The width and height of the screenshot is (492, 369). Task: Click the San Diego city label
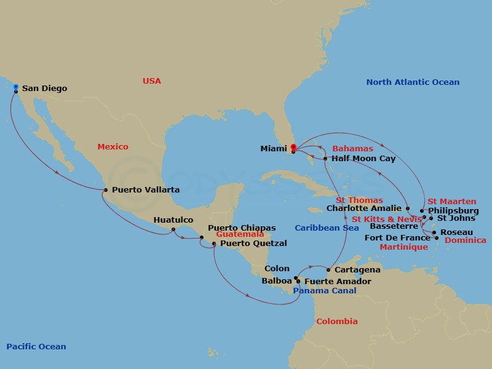point(44,89)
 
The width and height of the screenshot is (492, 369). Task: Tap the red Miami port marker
point(293,148)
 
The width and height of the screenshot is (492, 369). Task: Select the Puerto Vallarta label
point(146,190)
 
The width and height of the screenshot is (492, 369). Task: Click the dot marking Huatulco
point(174,230)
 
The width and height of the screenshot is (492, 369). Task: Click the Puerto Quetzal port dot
point(214,244)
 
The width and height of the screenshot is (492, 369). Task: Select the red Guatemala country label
point(240,235)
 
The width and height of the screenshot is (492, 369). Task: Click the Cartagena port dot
point(328,270)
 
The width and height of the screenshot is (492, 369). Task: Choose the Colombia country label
point(336,322)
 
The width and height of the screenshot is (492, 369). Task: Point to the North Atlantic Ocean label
point(413,82)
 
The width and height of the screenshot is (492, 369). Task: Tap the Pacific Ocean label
point(36,347)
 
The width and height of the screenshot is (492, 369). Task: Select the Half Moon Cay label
point(363,159)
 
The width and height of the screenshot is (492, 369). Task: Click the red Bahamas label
point(352,149)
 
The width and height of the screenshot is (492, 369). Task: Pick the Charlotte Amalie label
point(364,208)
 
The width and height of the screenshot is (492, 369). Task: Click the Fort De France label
point(398,238)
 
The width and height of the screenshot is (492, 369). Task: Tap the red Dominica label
point(464,240)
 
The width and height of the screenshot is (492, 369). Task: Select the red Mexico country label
point(113,147)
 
